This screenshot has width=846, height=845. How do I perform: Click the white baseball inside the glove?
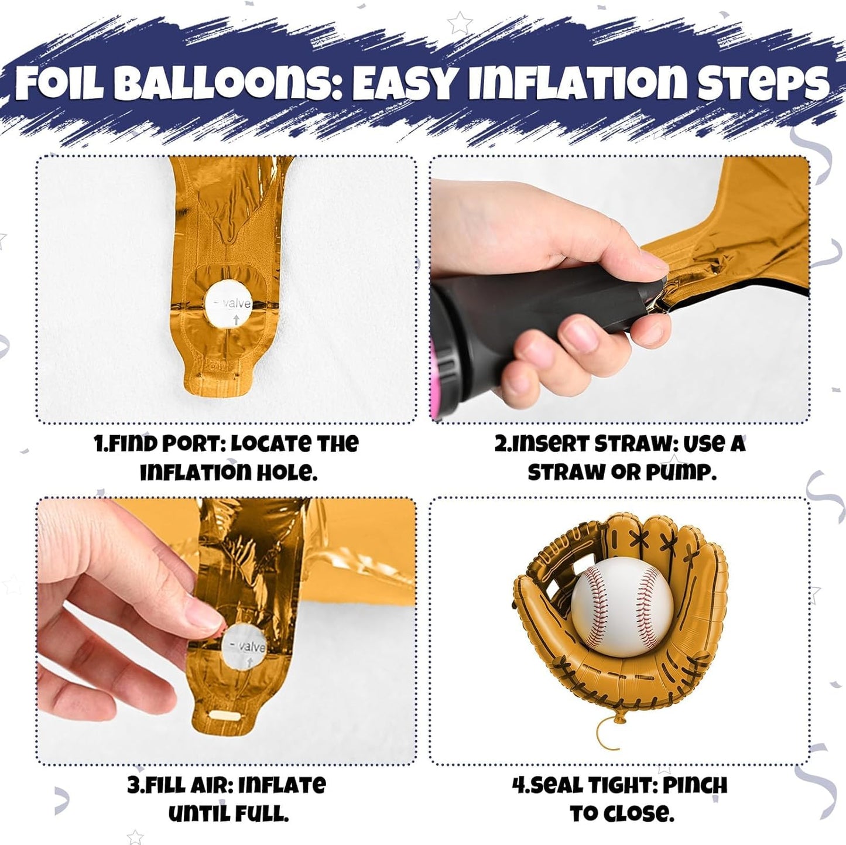point(622,607)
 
